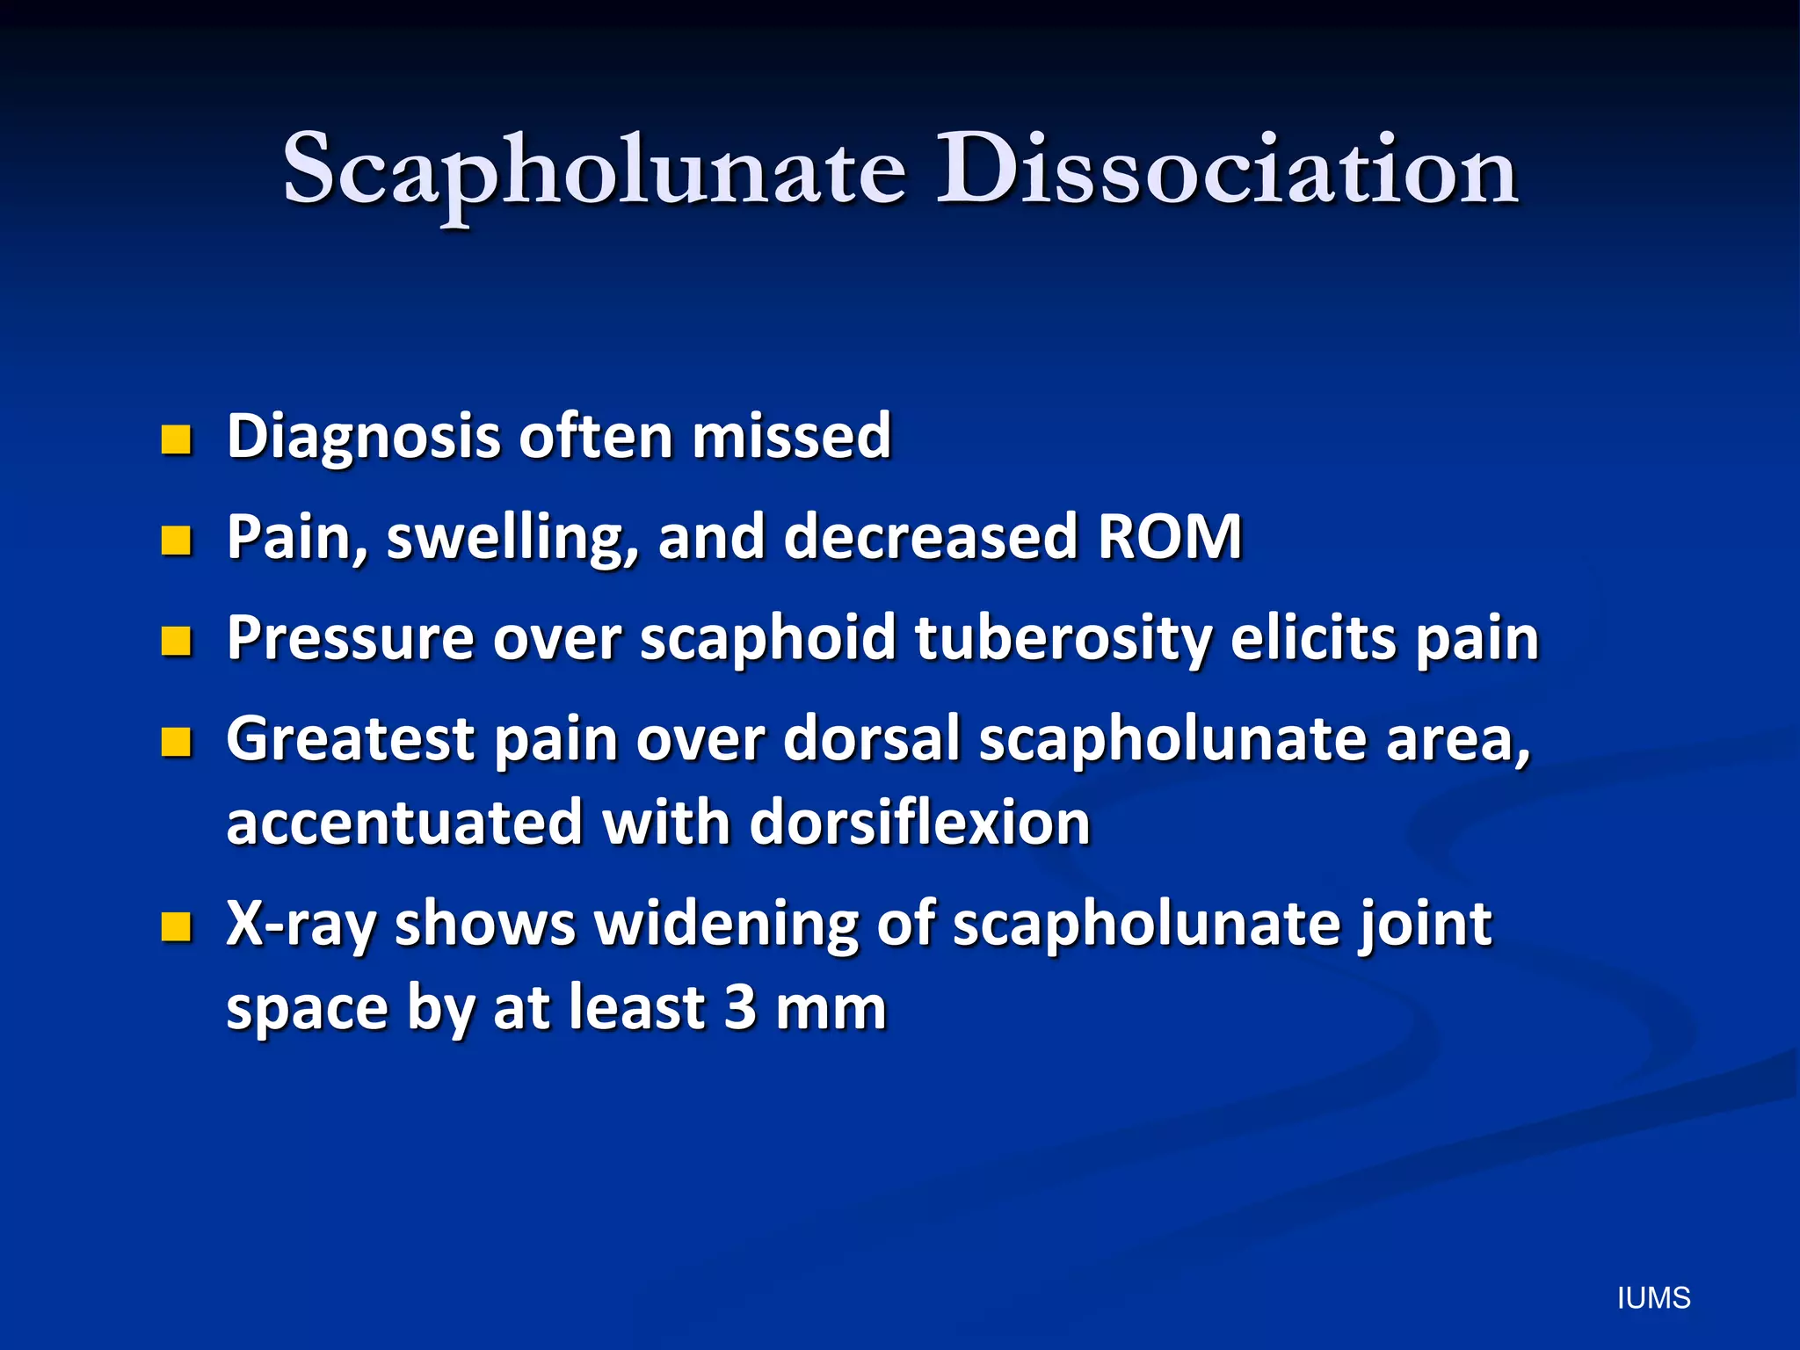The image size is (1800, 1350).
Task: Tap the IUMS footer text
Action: tap(1653, 1298)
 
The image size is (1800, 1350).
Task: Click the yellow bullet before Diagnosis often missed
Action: tap(177, 439)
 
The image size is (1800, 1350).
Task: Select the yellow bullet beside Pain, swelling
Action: tap(177, 541)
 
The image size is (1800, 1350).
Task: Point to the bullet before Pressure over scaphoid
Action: tap(177, 642)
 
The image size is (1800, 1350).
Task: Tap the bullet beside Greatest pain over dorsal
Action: tap(177, 742)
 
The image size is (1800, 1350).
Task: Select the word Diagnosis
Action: tap(364, 437)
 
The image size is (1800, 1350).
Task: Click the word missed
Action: tap(791, 437)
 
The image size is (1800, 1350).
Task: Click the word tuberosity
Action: tap(1063, 639)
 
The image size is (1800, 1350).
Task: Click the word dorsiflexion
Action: tap(919, 824)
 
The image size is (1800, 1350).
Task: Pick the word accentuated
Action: tap(405, 824)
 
